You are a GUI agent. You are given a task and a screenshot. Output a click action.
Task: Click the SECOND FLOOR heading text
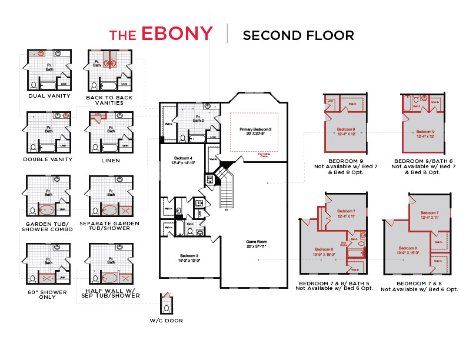click(x=298, y=35)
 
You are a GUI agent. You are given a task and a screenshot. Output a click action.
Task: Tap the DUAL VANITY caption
click(x=49, y=96)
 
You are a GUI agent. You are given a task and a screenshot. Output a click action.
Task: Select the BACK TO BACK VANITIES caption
click(x=109, y=100)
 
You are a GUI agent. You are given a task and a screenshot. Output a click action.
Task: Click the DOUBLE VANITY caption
click(x=48, y=159)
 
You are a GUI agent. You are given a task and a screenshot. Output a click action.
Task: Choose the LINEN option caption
click(x=110, y=161)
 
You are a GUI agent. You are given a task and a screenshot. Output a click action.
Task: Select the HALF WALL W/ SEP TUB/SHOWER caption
click(x=112, y=293)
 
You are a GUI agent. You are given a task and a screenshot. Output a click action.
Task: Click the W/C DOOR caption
click(x=167, y=321)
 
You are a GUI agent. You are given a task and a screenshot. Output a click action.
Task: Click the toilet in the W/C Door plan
click(x=167, y=308)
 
